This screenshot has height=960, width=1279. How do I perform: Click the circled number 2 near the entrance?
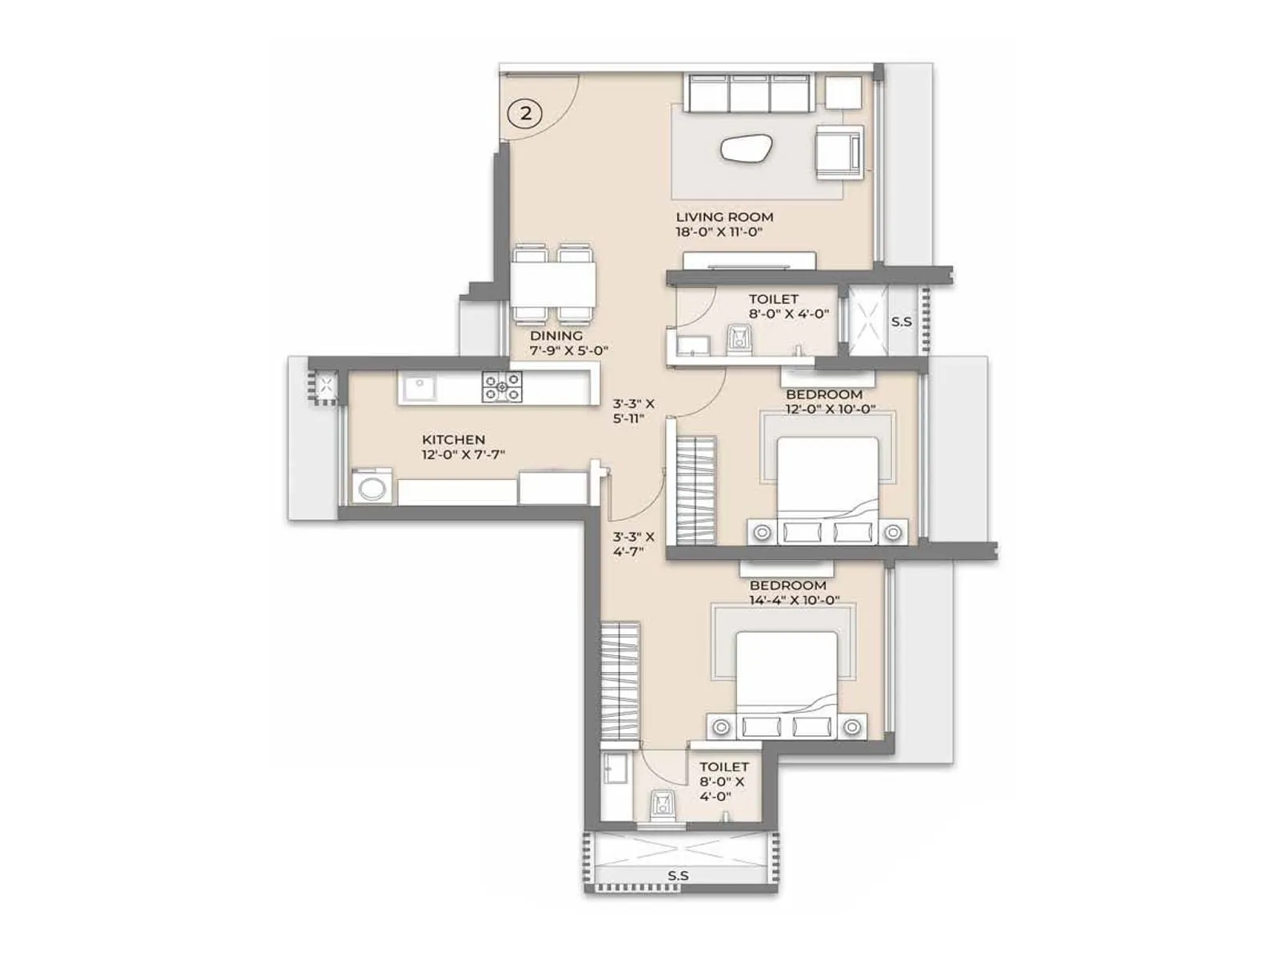coord(525,113)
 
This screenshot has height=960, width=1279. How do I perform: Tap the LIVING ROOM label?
coord(724,217)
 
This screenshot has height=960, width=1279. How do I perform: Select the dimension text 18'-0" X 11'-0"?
coord(719,232)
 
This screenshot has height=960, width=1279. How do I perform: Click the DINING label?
coord(556,336)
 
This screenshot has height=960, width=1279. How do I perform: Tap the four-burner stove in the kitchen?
coord(502,387)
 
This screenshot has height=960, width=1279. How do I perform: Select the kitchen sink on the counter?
coord(418,388)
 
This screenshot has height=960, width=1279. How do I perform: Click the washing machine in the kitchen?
coord(372,486)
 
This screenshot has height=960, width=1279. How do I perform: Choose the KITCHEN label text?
coord(453,439)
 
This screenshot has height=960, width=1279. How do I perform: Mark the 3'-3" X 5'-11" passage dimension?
coord(633,410)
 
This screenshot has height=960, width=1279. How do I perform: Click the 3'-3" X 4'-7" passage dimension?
coord(633,544)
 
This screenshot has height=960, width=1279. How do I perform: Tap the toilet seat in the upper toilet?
coord(739,338)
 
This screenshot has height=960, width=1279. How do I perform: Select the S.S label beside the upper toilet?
coord(901,322)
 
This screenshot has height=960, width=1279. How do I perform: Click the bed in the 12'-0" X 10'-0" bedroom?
coord(827,480)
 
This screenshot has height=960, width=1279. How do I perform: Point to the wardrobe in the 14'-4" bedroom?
coord(620,682)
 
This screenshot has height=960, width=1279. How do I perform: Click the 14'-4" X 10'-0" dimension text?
coord(794,600)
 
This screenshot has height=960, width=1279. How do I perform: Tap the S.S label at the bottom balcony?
coord(678,876)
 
